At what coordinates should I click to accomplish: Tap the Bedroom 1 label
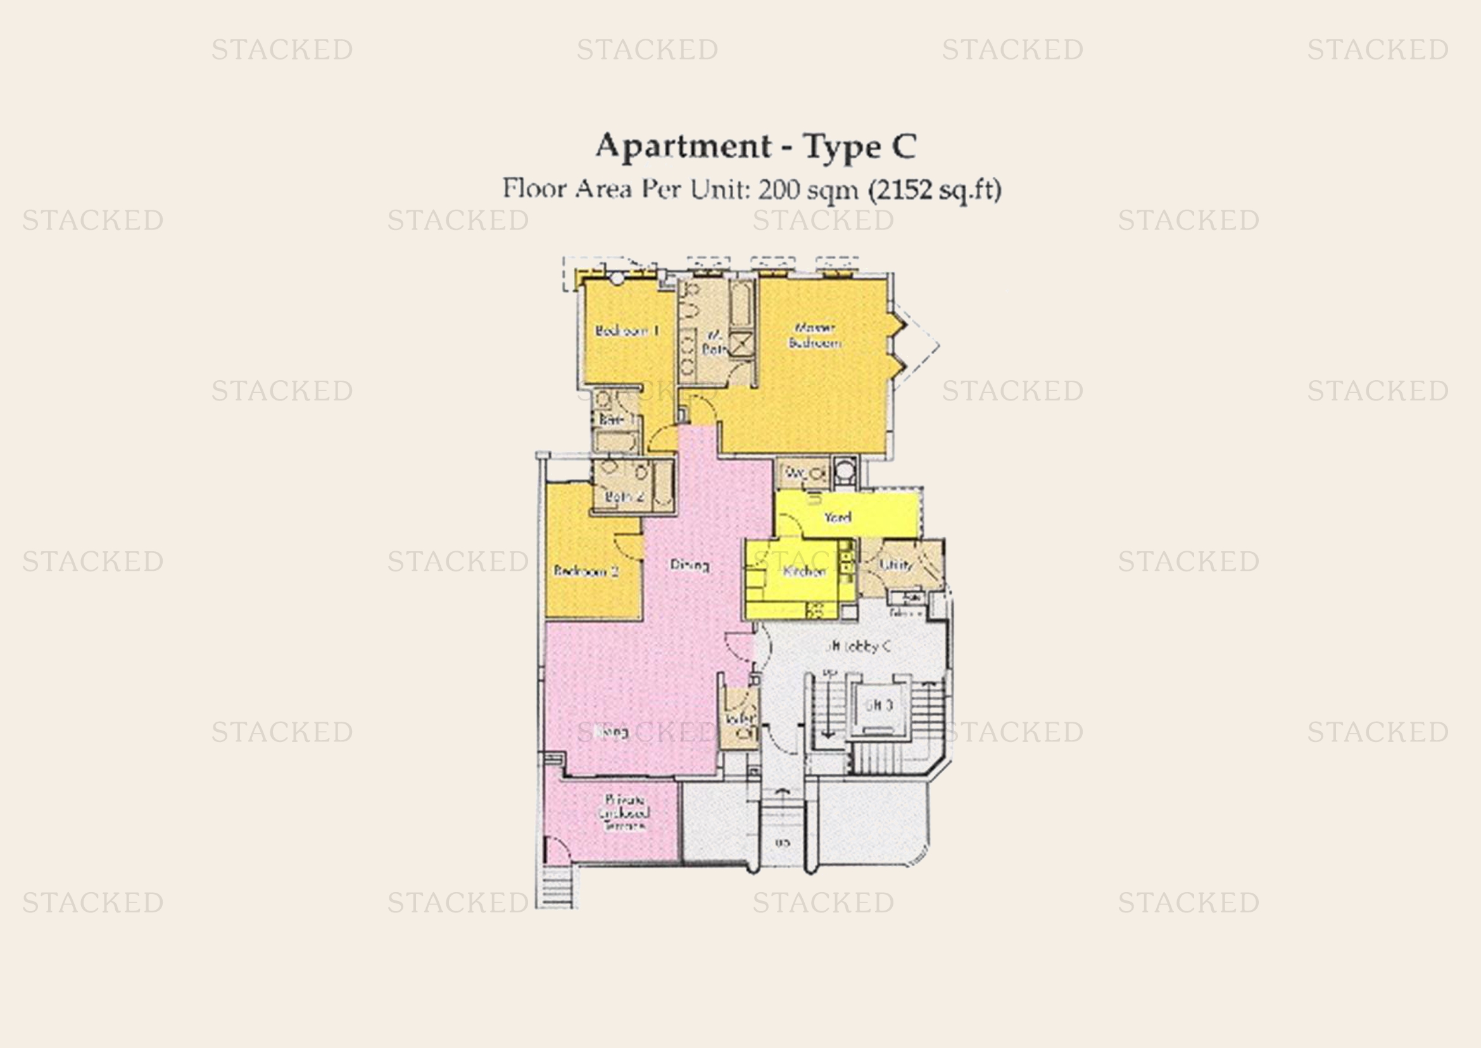(x=626, y=331)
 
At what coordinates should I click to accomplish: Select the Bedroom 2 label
(x=586, y=571)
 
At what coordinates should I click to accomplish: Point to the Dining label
(x=690, y=565)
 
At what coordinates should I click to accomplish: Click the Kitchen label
(x=804, y=571)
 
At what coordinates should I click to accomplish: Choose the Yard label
(x=837, y=518)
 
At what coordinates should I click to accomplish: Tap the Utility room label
(x=896, y=565)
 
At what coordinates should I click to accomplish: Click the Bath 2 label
(x=624, y=496)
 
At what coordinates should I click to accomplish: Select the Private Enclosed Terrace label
(x=624, y=813)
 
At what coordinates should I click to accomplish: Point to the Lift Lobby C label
(x=859, y=646)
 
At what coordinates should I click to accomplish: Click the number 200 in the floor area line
(x=778, y=189)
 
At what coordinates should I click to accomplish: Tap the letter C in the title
(x=904, y=146)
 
